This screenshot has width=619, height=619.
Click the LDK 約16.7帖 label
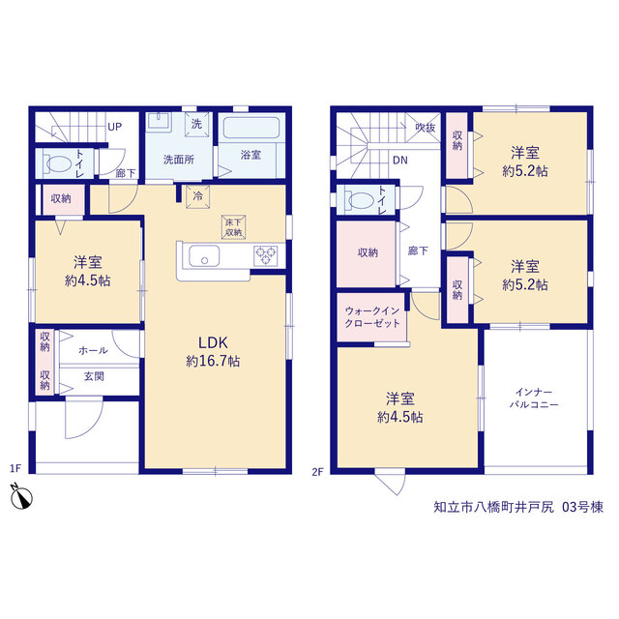pos(213,351)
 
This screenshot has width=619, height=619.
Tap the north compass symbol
pos(21,496)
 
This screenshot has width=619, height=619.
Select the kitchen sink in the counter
pos(204,255)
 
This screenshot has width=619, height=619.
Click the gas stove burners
pos(265,255)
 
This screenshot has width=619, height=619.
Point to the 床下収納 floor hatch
pos(233,227)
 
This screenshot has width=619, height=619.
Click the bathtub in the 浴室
pos(251,128)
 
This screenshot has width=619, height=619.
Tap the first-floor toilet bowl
pos(59,163)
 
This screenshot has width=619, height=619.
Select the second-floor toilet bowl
pos(361,200)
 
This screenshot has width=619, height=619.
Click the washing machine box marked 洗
pos(196,125)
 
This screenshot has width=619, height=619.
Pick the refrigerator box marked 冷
pos(197,196)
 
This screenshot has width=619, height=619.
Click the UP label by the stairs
pos(115,127)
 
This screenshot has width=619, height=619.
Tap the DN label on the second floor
pos(399,161)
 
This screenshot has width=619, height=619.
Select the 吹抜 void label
pos(426,127)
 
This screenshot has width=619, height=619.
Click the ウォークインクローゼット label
pos(372,317)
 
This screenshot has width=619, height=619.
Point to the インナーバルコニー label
pos(534,398)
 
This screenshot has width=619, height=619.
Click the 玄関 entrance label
pos(94,376)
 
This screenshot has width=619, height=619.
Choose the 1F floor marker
pos(15,468)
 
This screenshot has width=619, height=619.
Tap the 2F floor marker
pos(318,471)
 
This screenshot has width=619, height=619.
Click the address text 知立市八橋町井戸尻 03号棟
pos(518,507)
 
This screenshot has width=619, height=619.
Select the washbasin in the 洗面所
pos(159,122)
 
